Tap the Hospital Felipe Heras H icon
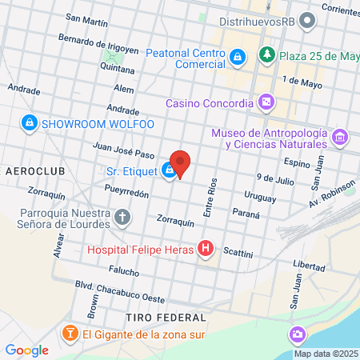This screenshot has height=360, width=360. click(206, 249)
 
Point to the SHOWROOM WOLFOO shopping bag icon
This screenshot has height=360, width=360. click(30, 123)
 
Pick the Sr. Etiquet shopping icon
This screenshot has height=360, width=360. click(170, 170)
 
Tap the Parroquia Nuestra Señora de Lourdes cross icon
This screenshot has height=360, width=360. click(122, 217)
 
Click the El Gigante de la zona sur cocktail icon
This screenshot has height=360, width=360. click(70, 334)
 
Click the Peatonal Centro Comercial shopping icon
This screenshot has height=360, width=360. click(238, 58)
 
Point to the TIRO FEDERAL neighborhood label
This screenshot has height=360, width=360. click(161, 318)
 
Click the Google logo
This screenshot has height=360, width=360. click(27, 350)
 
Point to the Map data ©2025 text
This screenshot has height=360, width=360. click(326, 354)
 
